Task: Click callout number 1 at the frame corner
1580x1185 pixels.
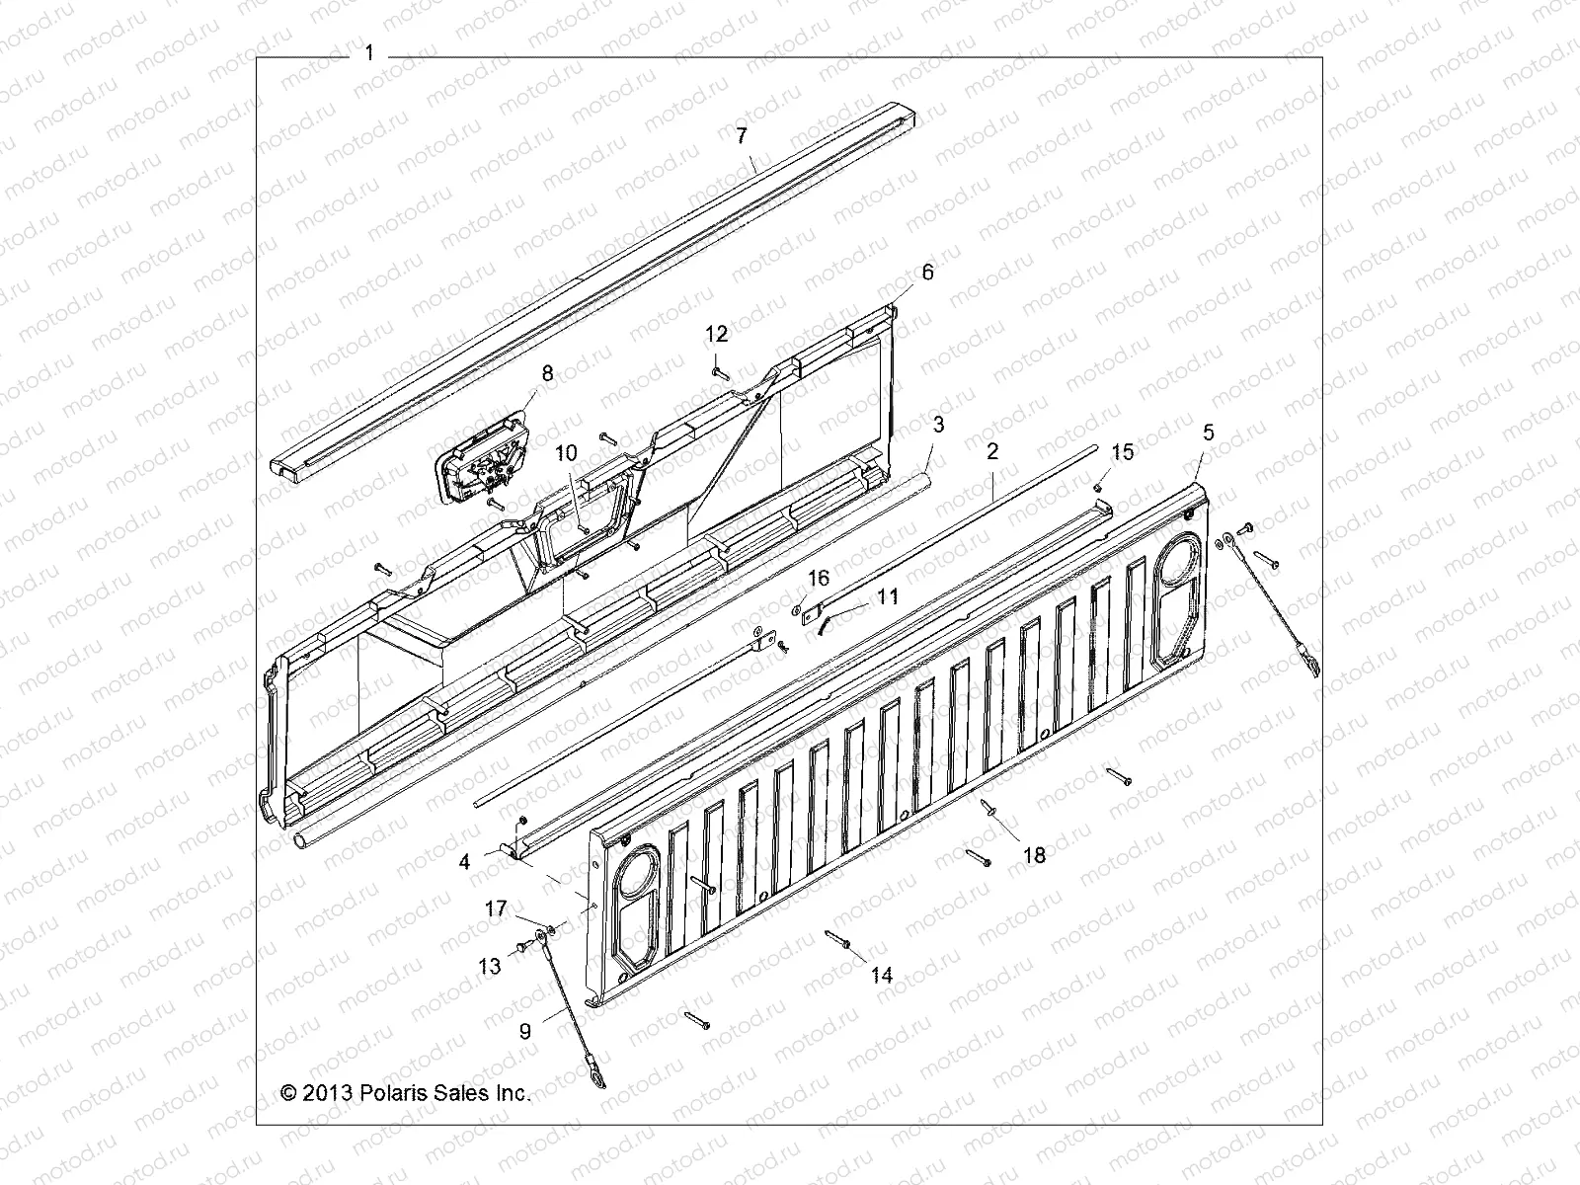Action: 369,53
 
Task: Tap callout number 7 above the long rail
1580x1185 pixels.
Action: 742,135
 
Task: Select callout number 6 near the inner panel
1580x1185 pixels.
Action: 926,272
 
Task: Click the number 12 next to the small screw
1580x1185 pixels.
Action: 716,334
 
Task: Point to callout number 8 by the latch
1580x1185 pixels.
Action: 547,373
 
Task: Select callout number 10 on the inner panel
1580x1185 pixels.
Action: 565,453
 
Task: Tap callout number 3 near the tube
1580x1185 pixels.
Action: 938,425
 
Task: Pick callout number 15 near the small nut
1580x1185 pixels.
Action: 1123,452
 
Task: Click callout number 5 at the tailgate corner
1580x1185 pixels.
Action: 1207,432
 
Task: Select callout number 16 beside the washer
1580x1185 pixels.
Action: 820,578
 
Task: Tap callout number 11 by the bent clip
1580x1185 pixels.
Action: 887,596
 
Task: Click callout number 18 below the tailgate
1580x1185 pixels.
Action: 1033,855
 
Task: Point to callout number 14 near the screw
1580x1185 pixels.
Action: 881,975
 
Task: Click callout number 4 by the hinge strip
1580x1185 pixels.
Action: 464,861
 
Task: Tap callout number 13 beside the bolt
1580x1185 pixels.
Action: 490,967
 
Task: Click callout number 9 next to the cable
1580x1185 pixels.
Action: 524,1031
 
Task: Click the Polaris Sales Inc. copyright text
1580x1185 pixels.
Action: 406,1093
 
